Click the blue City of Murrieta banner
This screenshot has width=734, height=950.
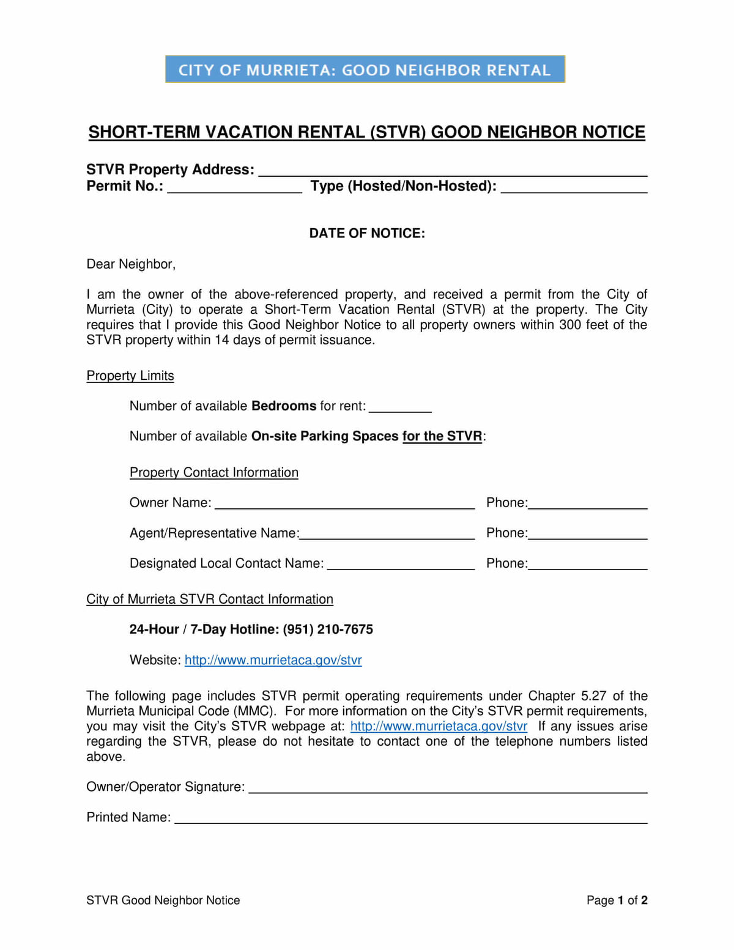365,69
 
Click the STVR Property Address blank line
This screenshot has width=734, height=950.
453,172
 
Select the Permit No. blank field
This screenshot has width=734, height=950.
234,188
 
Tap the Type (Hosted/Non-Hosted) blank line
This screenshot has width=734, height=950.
574,188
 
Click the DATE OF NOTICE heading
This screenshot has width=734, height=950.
366,233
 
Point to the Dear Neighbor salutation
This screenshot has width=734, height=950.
131,264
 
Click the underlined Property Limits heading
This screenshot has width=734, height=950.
130,376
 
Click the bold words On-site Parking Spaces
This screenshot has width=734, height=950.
325,436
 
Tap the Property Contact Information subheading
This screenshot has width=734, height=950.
214,472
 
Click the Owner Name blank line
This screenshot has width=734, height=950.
344,505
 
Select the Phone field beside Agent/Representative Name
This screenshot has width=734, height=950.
587,535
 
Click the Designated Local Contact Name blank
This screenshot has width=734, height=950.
401,566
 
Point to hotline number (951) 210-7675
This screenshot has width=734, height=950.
328,629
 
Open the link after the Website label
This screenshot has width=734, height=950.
273,660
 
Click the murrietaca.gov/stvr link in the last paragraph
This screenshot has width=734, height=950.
439,726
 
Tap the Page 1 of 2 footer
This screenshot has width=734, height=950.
617,900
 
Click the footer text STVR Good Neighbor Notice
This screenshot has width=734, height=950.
163,900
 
